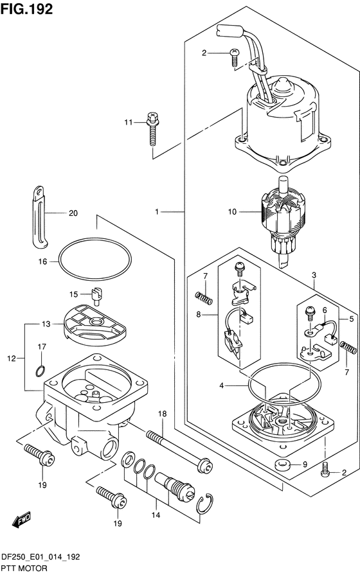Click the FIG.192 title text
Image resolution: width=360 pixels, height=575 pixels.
coord(27,9)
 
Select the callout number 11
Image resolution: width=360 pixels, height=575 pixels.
coord(128,122)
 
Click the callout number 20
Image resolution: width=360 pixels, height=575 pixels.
coord(73,213)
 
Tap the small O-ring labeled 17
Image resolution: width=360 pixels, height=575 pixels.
coord(40,371)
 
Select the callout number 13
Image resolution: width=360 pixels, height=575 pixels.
coord(46,324)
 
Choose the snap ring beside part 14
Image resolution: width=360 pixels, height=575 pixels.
coord(204,504)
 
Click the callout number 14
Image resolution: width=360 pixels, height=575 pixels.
coord(156,515)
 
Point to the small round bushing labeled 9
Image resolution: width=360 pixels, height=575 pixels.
coord(283,465)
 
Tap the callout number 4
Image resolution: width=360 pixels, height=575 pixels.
coord(222,385)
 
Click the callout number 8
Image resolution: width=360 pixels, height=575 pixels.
coord(199,314)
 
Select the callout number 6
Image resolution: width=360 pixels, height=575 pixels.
coord(325,310)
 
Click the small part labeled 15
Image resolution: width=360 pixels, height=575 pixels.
coord(96,296)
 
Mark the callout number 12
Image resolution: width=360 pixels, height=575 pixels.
coord(12,358)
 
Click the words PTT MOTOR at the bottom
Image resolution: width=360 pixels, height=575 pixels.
coord(24,569)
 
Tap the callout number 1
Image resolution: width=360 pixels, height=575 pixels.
coord(157,211)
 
